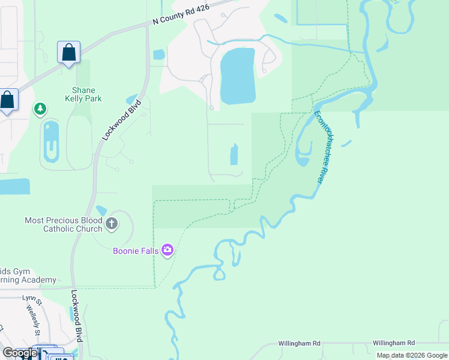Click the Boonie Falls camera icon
[167, 250]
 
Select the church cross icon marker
[111, 224]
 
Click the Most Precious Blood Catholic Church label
[63, 224]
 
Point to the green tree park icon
[40, 109]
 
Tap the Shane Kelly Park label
[83, 95]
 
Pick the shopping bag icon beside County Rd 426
[69, 52]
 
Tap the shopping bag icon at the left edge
[7, 100]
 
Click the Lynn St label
[29, 298]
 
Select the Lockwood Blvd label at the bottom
[76, 316]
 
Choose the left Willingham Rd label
[299, 343]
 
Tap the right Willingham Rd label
[393, 343]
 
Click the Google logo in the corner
[20, 353]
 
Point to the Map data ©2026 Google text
[412, 355]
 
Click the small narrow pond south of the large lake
[234, 155]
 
